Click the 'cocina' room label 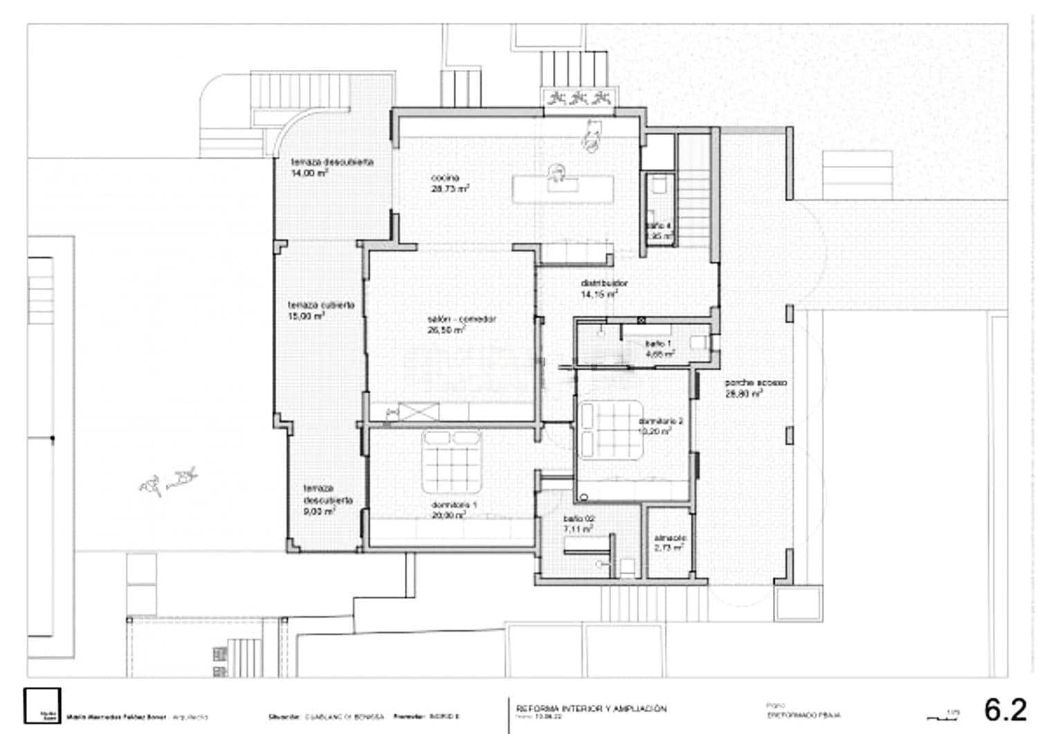(445, 178)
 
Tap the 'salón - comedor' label (462, 320)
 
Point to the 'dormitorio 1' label (454, 505)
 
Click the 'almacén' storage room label (670, 538)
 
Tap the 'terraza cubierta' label (321, 305)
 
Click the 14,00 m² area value (309, 173)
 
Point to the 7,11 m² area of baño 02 (578, 529)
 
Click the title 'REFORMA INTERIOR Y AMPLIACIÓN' (591, 708)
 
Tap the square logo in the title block (42, 706)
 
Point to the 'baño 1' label (657, 343)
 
